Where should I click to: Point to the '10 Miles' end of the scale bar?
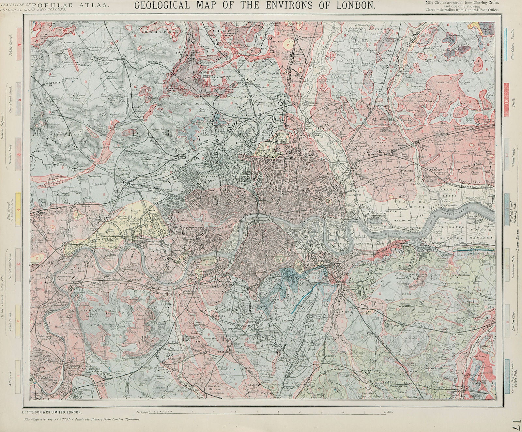389,412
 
